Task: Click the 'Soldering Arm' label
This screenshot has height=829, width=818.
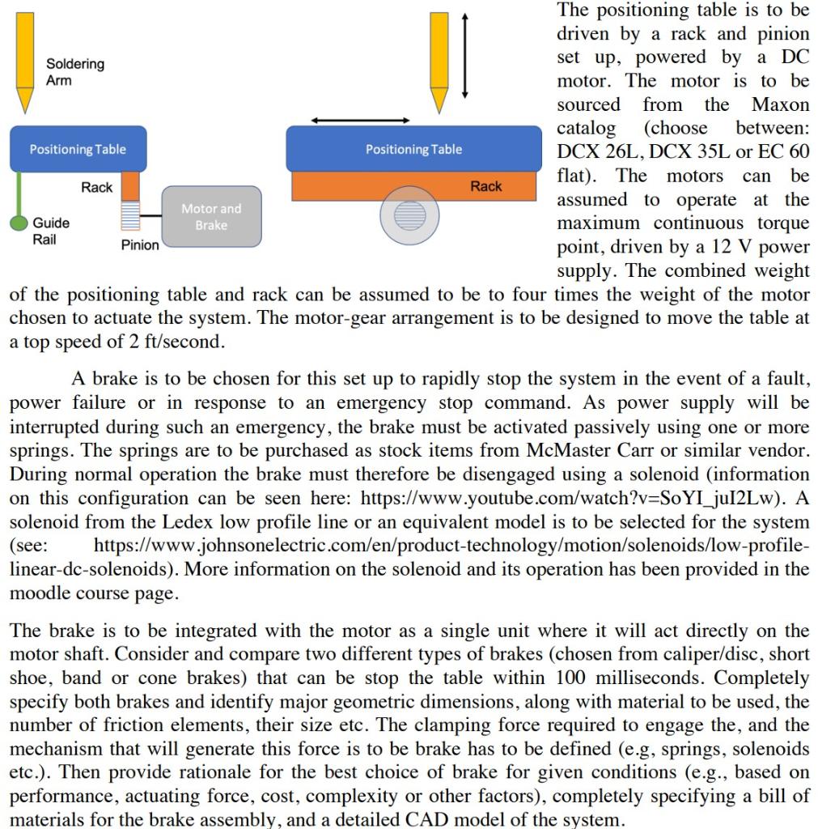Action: click(74, 72)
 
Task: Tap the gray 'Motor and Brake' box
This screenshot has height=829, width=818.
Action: click(211, 216)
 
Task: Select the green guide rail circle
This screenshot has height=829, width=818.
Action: click(19, 223)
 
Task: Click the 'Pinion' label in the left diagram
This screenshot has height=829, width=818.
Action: click(140, 245)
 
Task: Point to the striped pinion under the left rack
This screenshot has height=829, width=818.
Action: click(130, 217)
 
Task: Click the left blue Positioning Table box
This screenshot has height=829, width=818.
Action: click(78, 149)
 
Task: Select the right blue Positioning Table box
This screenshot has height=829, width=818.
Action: click(413, 149)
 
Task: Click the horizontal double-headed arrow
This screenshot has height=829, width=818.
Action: click(361, 121)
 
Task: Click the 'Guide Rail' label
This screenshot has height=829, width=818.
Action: click(50, 231)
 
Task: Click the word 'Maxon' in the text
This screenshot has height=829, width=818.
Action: click(780, 104)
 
